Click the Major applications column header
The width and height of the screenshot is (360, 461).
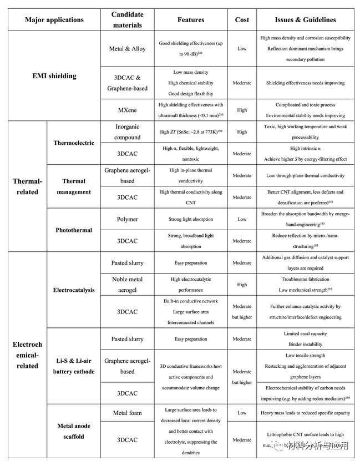54,20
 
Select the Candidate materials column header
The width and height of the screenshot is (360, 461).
127,20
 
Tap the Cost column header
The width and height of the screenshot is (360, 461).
242,20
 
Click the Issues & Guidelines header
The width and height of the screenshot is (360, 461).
305,20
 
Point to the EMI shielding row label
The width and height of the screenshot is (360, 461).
53,75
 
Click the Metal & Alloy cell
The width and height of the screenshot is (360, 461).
127,49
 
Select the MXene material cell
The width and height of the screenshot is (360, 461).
127,110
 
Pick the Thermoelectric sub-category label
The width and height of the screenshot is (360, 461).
74,143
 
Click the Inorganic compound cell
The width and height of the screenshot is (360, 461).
127,131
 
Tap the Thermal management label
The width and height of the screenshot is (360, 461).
74,186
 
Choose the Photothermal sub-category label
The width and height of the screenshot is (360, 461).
74,230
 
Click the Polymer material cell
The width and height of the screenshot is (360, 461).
127,219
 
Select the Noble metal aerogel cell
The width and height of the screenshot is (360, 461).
127,285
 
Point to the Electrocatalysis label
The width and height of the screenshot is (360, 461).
74,290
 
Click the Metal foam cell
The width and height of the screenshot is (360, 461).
127,413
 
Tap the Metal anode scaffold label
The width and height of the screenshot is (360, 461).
74,430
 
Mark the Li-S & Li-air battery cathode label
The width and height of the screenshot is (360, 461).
74,366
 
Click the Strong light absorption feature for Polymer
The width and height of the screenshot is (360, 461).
191,219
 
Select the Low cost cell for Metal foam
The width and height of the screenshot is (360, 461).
242,413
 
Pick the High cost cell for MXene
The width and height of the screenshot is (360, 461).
242,110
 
